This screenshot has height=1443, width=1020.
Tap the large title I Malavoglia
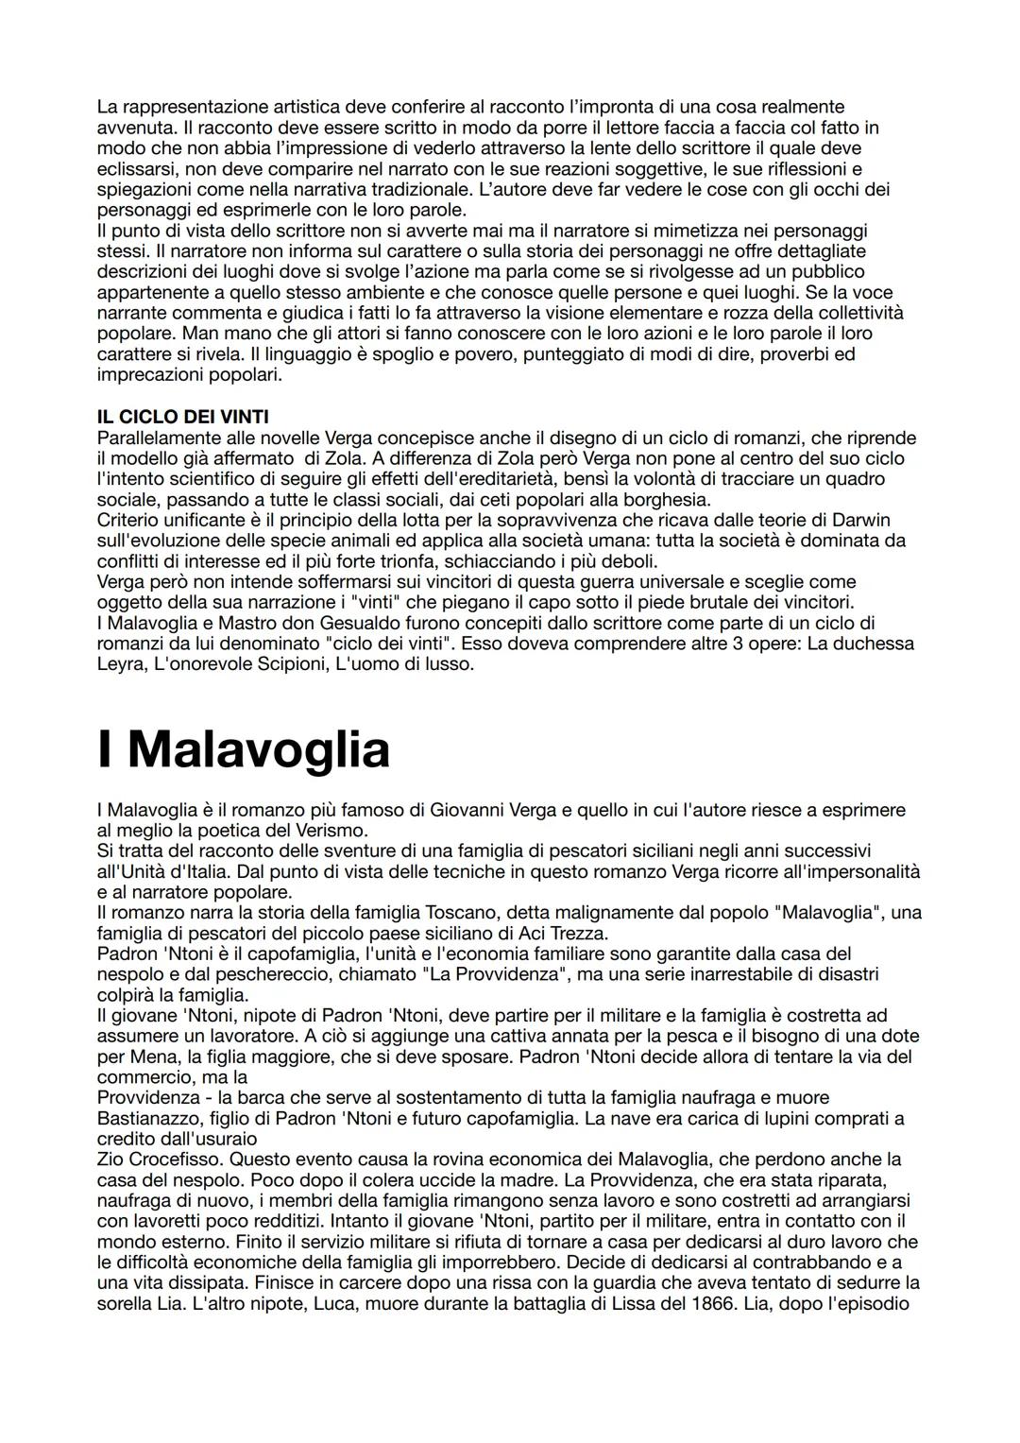244,749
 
